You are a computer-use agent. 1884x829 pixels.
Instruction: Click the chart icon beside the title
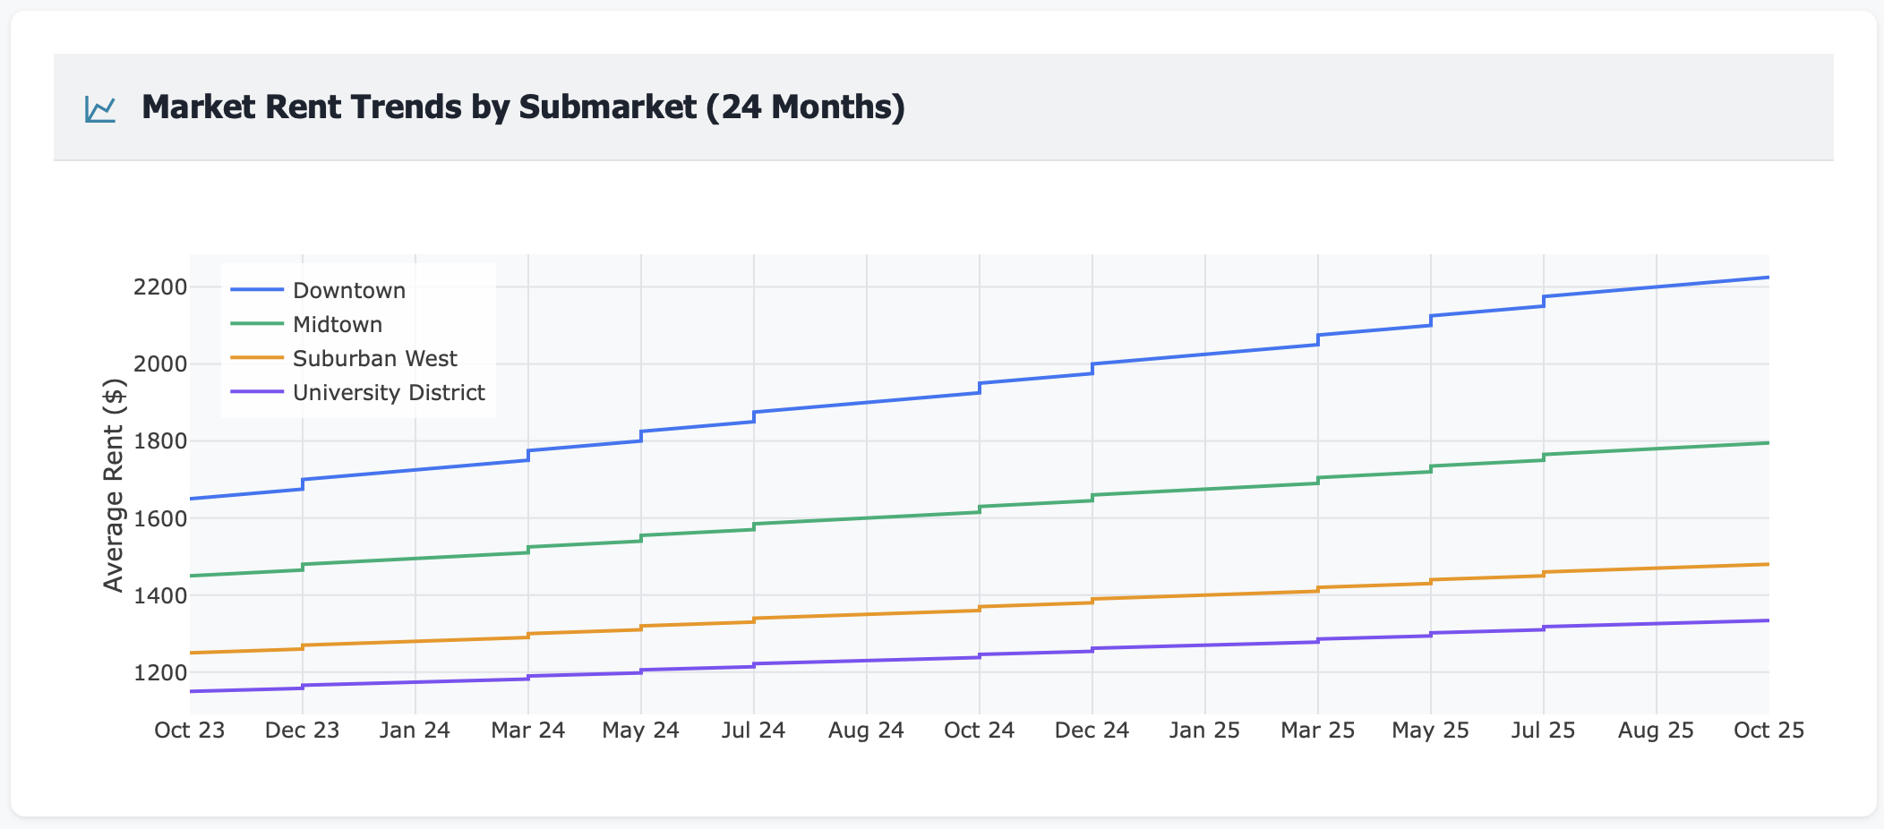(100, 108)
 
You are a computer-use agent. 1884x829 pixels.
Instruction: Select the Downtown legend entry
(349, 290)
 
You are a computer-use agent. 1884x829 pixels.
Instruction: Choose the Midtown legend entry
(338, 324)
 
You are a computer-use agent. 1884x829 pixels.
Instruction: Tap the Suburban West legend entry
(374, 358)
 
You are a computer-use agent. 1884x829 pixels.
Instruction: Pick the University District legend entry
(389, 392)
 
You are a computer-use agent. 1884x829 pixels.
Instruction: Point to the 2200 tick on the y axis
(159, 287)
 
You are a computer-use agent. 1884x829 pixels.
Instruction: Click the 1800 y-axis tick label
(159, 441)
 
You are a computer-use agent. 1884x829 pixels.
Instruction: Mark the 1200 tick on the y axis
(159, 672)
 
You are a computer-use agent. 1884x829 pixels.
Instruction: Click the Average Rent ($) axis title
(114, 485)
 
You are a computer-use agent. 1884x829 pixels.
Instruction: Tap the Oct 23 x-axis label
(189, 731)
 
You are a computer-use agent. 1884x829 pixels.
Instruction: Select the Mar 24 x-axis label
(527, 731)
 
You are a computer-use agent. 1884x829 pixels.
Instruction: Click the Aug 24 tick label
(866, 731)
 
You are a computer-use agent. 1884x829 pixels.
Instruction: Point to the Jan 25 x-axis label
(1204, 731)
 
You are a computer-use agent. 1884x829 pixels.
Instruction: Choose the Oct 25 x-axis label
(1768, 731)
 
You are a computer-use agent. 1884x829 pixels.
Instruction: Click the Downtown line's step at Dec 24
(1092, 368)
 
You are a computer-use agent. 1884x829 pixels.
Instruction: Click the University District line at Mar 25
(1318, 640)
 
